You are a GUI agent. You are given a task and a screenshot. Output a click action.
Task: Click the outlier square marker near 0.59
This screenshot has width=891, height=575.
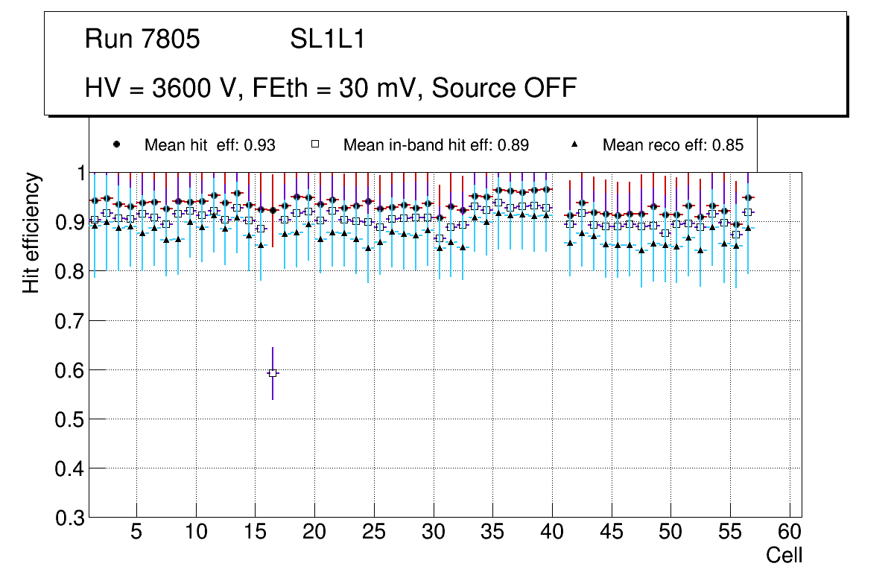[273, 372]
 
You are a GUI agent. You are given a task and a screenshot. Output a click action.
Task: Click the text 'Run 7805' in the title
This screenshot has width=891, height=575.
[142, 39]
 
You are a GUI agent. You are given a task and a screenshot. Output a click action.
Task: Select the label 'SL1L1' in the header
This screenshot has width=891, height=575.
[327, 39]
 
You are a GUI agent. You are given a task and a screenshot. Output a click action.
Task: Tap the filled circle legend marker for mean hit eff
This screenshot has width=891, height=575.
[115, 144]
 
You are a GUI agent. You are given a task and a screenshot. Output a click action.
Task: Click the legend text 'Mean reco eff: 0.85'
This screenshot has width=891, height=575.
[673, 145]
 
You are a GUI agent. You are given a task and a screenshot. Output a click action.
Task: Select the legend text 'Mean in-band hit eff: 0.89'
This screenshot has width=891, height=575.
[436, 145]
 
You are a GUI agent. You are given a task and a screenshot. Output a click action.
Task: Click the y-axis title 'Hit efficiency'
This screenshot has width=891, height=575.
[31, 232]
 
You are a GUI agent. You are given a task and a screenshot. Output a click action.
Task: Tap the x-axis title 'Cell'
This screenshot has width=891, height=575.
[784, 555]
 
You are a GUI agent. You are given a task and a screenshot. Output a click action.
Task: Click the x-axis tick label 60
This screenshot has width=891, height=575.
[790, 533]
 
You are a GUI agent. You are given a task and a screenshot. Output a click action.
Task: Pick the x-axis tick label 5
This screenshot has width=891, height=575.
[136, 533]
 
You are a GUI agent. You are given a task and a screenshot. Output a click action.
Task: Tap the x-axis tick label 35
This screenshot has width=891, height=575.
[492, 533]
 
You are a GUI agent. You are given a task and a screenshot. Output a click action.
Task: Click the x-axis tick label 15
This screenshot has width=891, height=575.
[255, 533]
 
